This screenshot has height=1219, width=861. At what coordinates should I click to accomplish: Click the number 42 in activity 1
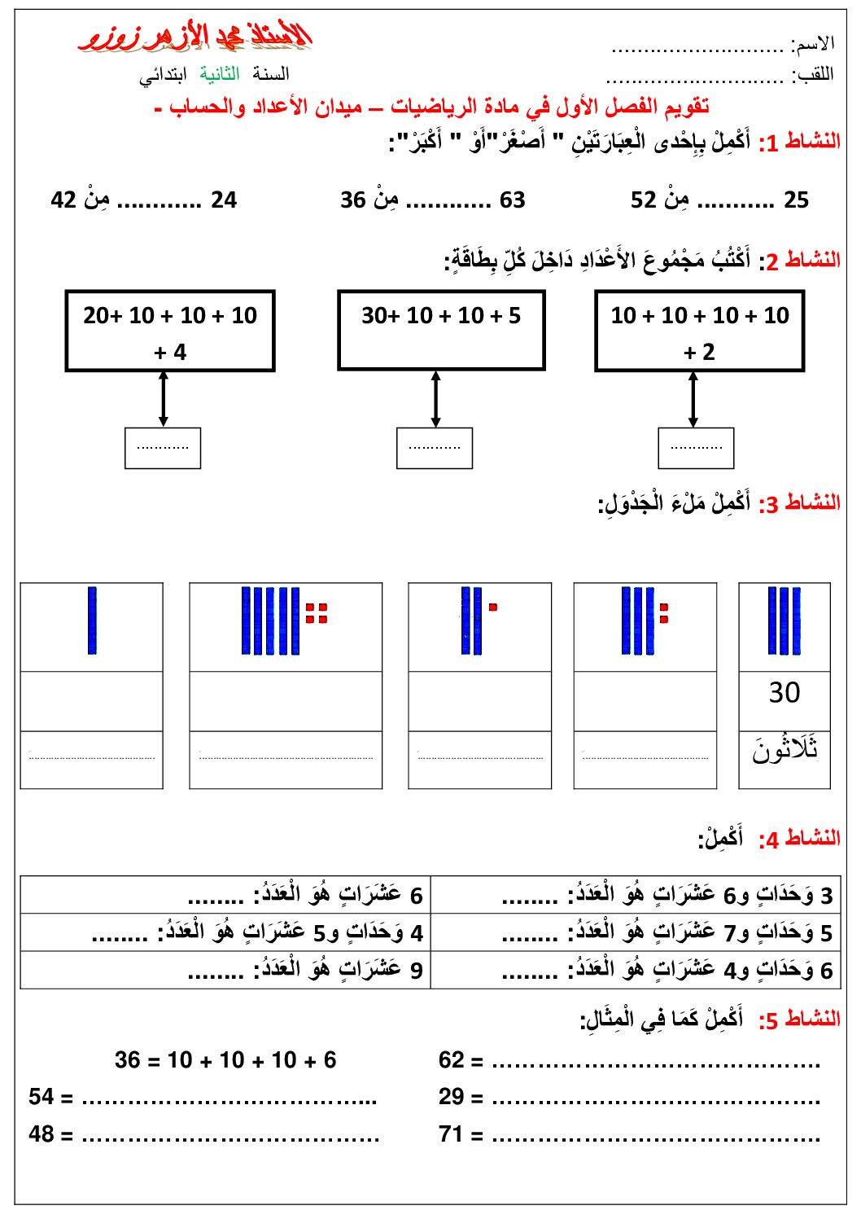tap(63, 200)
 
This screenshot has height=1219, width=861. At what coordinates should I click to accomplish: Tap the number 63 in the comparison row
tap(512, 200)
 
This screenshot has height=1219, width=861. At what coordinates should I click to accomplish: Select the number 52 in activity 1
tap(643, 200)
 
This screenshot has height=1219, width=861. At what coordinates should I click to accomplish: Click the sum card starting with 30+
tap(441, 330)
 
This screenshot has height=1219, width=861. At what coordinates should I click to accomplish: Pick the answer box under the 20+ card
tap(163, 448)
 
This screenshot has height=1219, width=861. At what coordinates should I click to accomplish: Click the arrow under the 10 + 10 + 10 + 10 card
tap(693, 399)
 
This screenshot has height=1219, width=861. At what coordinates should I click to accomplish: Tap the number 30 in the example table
tap(785, 693)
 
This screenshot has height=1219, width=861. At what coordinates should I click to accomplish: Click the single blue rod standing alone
tap(92, 620)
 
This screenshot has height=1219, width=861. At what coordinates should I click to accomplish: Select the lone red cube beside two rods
tap(493, 607)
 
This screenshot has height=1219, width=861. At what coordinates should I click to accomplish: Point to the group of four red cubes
tap(317, 613)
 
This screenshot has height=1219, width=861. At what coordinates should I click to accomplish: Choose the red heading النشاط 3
tap(799, 504)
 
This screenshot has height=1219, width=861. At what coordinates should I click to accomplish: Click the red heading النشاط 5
tap(799, 1019)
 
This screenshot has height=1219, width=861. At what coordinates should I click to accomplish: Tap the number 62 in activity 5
tap(452, 1060)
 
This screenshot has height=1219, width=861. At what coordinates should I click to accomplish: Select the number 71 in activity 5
tap(451, 1134)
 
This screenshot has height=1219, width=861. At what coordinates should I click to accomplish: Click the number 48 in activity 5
tap(41, 1134)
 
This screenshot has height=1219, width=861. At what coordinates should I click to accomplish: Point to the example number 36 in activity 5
tap(127, 1060)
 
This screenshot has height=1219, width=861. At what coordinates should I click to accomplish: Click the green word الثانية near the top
tap(220, 74)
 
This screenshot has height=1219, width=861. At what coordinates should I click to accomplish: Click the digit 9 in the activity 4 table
tap(417, 971)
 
